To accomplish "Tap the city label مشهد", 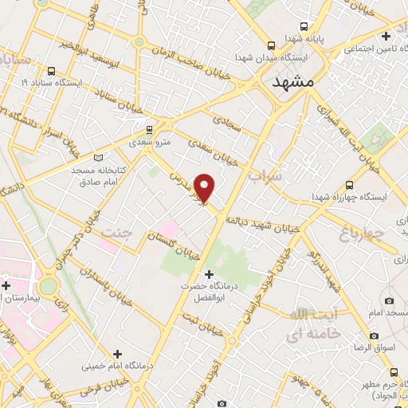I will (x=293, y=82).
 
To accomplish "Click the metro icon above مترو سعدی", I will (x=149, y=129).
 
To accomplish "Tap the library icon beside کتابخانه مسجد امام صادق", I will (x=99, y=157).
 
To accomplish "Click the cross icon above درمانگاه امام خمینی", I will (x=118, y=353).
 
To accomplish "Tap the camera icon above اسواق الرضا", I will (x=389, y=300).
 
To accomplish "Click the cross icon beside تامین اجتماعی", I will (x=386, y=36).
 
